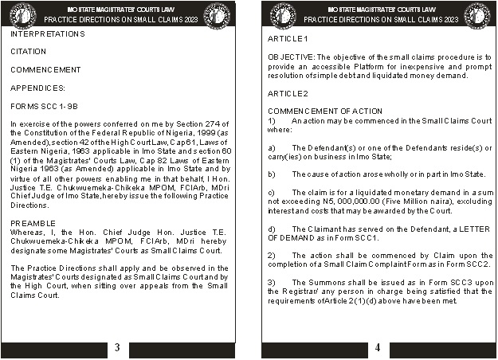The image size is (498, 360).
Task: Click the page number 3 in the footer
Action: [117, 348]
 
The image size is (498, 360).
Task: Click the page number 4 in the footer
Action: [378, 348]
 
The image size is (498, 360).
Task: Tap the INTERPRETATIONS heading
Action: [48, 34]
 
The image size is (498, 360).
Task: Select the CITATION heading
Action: [29, 52]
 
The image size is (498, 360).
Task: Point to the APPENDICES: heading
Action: [38, 88]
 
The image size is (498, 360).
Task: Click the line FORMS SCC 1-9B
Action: [44, 105]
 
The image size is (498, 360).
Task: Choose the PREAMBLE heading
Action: [33, 222]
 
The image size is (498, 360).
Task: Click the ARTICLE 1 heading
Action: [288, 39]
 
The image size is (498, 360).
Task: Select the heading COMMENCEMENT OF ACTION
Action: [325, 111]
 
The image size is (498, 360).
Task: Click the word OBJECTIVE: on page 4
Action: [292, 57]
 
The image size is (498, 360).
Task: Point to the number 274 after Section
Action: [207, 123]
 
